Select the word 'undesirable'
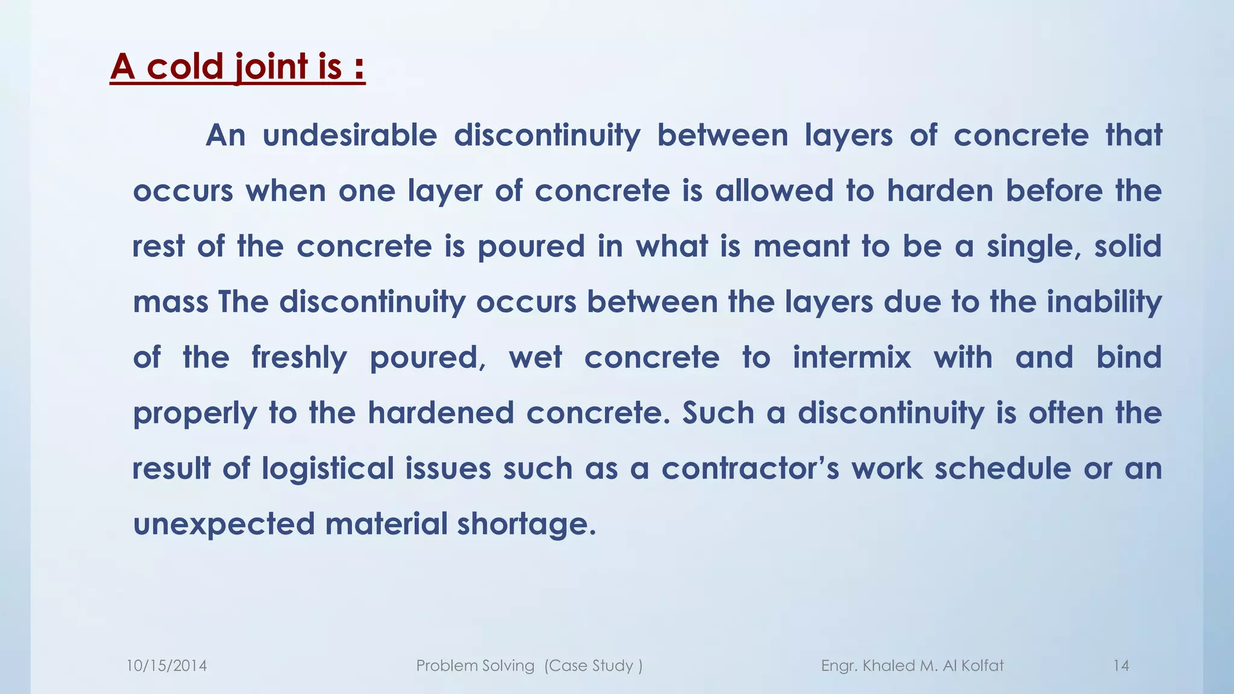pos(349,135)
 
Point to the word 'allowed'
pos(774,191)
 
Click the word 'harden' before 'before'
pos(940,191)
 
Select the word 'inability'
pos(1104,302)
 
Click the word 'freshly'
pos(299,358)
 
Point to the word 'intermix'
pos(851,357)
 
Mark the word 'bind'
pos(1129,357)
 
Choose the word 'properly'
pos(195,414)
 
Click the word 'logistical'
pos(327,469)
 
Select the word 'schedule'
pos(1003,469)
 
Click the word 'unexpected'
pos(224,524)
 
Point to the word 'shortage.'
pos(526,524)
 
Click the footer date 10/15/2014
pos(166,666)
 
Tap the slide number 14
pos(1121,666)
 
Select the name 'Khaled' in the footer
pos(889,666)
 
